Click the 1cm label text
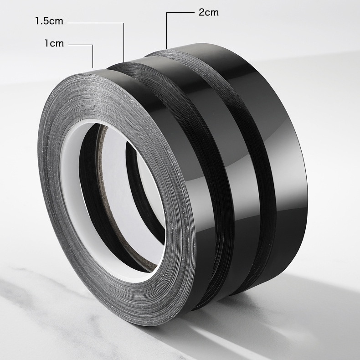pyautogui.click(x=54, y=43)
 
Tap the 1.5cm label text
pyautogui.click(x=49, y=21)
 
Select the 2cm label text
pyautogui.click(x=208, y=12)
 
